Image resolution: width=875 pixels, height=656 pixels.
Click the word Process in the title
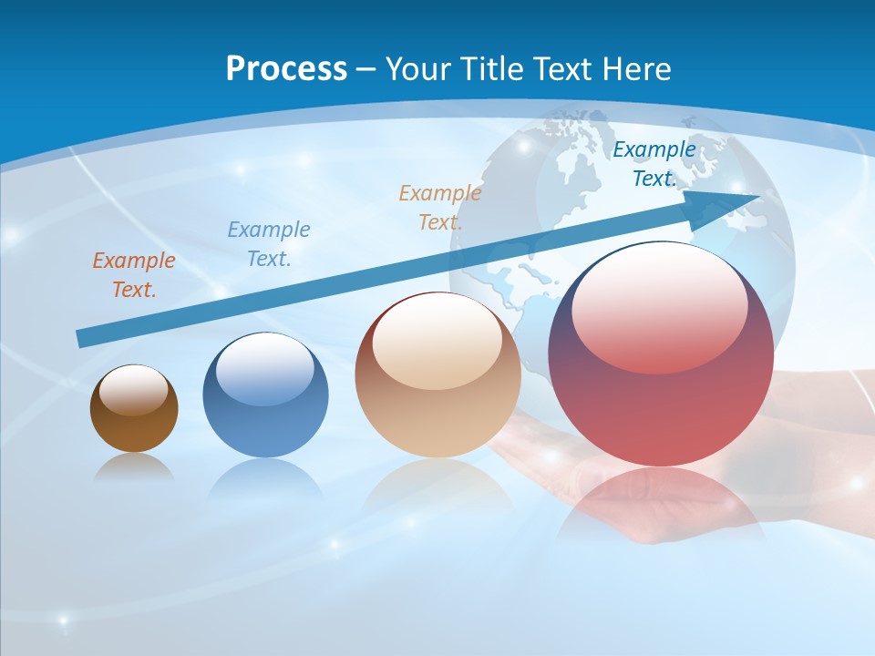pos(286,69)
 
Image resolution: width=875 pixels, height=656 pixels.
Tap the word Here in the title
pos(637,69)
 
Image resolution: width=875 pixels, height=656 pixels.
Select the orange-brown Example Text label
pos(134,275)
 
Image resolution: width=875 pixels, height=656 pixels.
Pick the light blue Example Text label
pos(269,244)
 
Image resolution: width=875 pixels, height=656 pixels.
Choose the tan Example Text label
pos(440,208)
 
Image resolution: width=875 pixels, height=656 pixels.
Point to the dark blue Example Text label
pos(654,164)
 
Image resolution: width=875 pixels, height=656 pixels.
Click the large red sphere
pos(661,401)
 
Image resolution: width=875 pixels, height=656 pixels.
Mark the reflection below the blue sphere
pos(265,478)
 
